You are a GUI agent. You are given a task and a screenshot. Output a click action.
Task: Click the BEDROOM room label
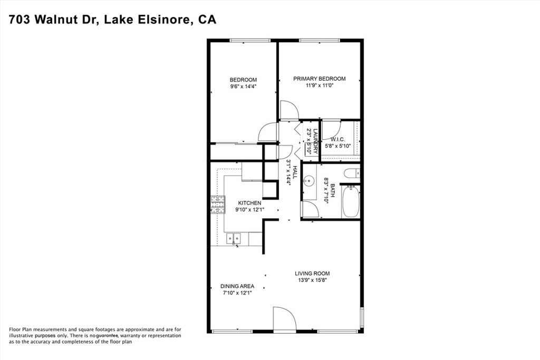243,80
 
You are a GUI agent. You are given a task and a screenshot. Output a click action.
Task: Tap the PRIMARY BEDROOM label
319,79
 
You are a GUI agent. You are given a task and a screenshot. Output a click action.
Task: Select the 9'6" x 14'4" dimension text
243,86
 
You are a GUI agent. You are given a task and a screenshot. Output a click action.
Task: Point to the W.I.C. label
337,139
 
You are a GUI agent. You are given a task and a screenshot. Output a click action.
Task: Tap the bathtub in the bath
351,201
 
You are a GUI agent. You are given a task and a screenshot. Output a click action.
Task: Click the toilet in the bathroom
352,173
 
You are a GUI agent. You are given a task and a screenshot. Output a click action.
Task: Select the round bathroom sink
308,180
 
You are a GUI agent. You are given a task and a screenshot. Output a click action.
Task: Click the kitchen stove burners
218,205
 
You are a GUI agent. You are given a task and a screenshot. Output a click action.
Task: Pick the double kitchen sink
234,238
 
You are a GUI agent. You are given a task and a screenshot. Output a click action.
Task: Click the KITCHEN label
249,203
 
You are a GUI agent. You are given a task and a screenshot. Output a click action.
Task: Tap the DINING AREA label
237,286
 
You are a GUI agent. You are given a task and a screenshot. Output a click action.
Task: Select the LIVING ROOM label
312,273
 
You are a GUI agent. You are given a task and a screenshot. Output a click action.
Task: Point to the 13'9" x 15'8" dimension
312,280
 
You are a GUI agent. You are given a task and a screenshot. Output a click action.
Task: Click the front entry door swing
284,318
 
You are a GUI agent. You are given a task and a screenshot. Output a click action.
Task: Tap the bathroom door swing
310,209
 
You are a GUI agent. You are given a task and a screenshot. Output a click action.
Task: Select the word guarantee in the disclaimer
108,336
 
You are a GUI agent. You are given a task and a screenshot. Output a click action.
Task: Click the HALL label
295,172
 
